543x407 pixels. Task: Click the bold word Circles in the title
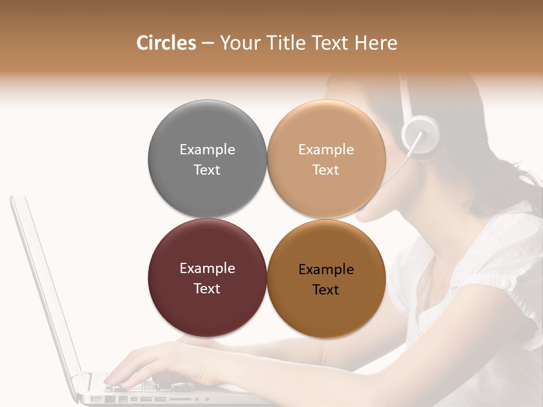coord(166,43)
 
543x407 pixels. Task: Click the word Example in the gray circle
coord(207,150)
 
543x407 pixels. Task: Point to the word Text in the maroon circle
coord(207,289)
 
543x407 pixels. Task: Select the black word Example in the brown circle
coord(326,270)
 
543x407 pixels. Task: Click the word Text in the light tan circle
coord(326,170)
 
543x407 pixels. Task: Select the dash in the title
coord(208,43)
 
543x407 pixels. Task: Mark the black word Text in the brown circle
coord(326,290)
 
